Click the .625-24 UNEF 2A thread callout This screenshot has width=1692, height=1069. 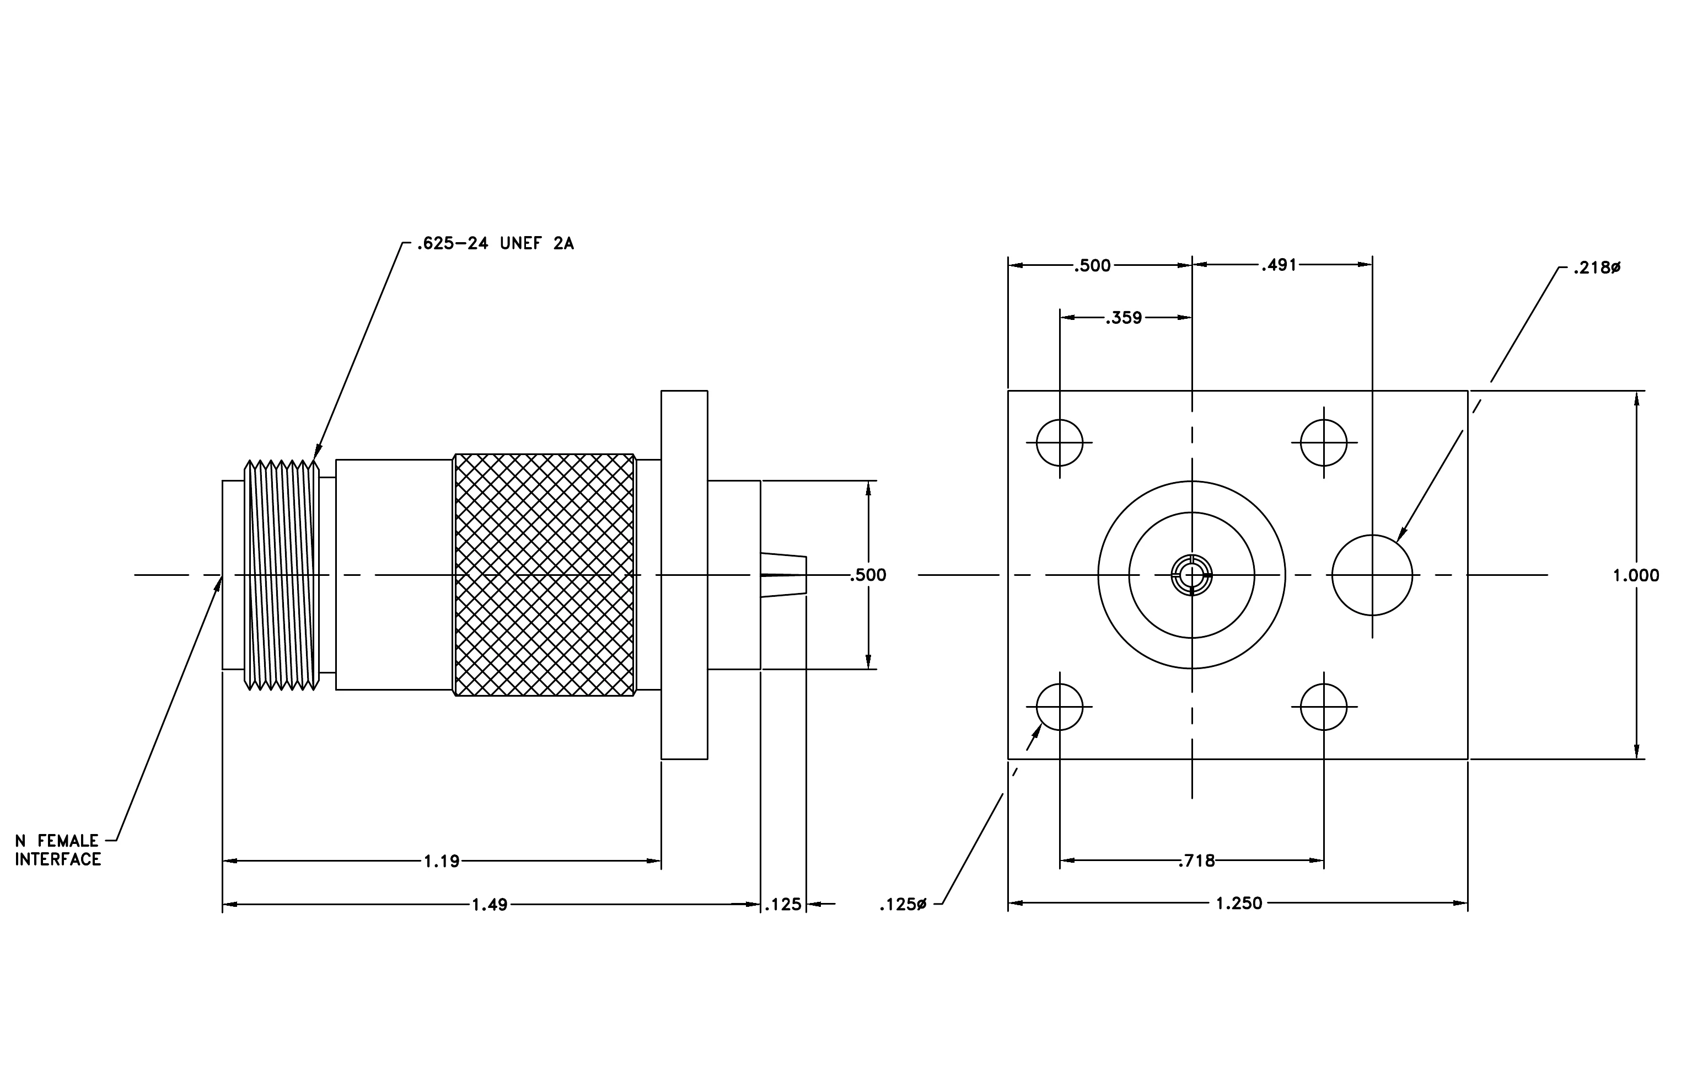pyautogui.click(x=495, y=244)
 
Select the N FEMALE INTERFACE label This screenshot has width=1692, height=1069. pyautogui.click(x=58, y=849)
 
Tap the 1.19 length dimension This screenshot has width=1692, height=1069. pyautogui.click(x=441, y=861)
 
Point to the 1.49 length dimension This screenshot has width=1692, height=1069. pyautogui.click(x=489, y=905)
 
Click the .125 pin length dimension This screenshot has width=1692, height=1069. pyautogui.click(x=783, y=905)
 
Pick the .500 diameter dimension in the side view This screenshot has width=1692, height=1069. pyautogui.click(x=868, y=575)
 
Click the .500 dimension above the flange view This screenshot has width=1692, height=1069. pyautogui.click(x=1093, y=266)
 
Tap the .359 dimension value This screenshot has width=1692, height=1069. pyautogui.click(x=1124, y=318)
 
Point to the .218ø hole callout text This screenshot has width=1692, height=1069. pyautogui.click(x=1597, y=268)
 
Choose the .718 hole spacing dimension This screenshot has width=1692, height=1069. pyautogui.click(x=1196, y=861)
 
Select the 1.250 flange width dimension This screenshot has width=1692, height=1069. pyautogui.click(x=1239, y=903)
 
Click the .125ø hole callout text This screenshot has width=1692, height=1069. pyautogui.click(x=903, y=905)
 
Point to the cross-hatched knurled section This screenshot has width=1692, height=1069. pyautogui.click(x=545, y=575)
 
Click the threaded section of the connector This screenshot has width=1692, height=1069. pyautogui.click(x=282, y=575)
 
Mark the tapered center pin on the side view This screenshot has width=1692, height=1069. pyautogui.click(x=783, y=575)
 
